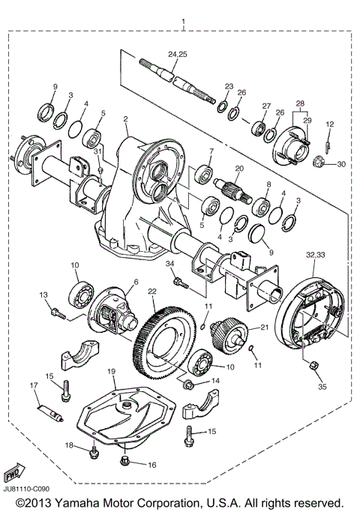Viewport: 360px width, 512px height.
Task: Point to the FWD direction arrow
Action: pos(13,475)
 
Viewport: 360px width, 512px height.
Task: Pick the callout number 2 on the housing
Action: pos(125,119)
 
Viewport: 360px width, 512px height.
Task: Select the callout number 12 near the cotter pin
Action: pos(328,124)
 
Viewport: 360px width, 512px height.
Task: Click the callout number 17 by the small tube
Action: pos(34,385)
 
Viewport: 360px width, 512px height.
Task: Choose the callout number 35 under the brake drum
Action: pos(322,388)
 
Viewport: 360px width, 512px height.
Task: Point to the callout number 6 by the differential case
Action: pos(136,282)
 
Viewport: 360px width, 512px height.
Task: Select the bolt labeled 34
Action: pos(180,282)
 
